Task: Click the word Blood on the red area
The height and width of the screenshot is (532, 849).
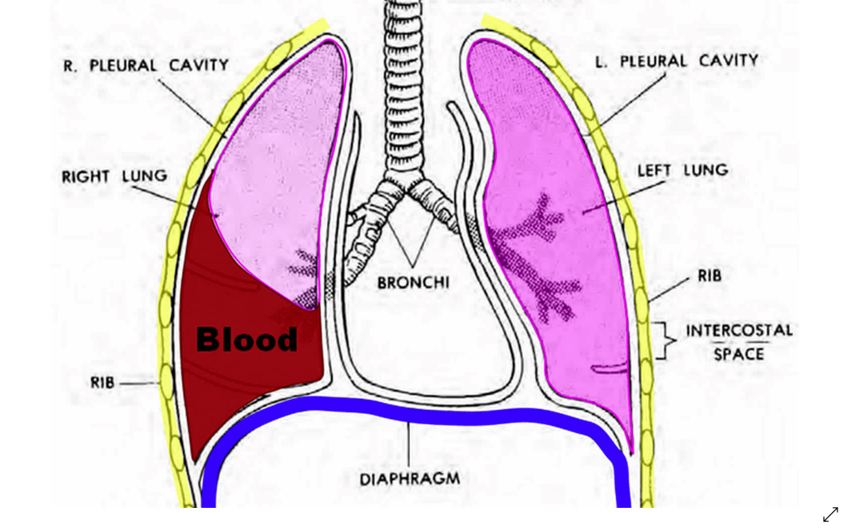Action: [x=247, y=339]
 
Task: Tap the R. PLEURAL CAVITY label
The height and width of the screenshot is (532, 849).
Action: [x=146, y=66]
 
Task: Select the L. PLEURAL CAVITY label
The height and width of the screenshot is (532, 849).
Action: [x=676, y=61]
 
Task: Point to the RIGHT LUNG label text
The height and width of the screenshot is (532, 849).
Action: [x=115, y=176]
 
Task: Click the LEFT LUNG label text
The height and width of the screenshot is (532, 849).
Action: [x=683, y=170]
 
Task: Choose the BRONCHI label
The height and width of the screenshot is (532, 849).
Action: [x=413, y=283]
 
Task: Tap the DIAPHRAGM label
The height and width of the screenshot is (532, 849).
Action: [x=410, y=479]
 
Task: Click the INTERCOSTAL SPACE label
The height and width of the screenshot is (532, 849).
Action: [x=739, y=342]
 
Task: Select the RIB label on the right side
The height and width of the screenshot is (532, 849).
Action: [x=709, y=276]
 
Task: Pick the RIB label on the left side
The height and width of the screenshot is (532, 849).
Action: [x=102, y=383]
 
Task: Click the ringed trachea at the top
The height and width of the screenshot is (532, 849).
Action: [x=403, y=86]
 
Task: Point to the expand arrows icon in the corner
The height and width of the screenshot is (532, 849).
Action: [x=831, y=515]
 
